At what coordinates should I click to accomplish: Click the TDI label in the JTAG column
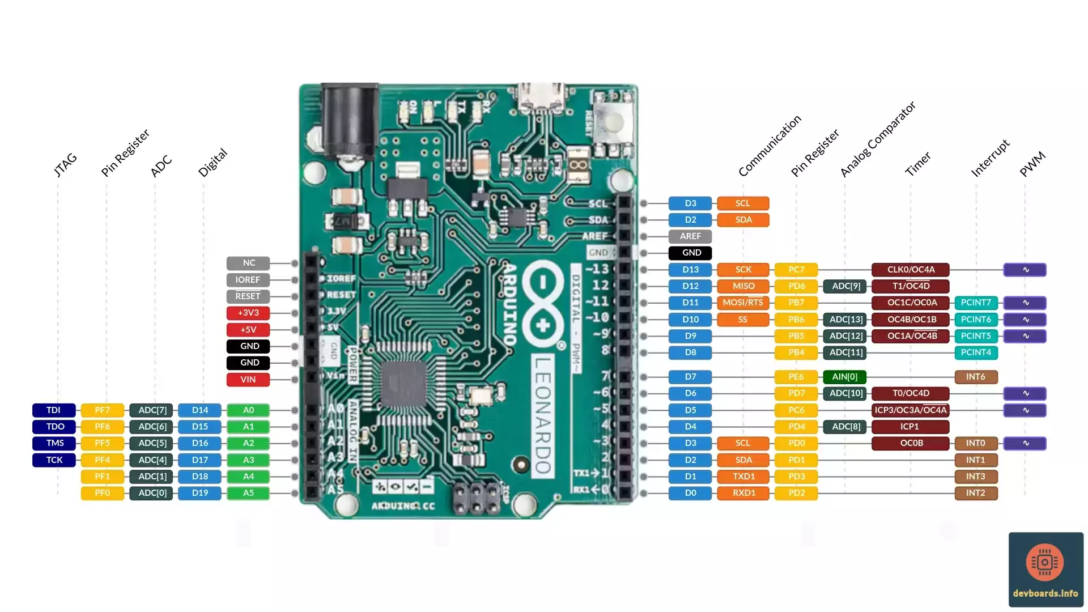pos(54,410)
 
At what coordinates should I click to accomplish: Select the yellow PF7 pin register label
pos(103,410)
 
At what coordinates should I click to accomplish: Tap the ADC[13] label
pos(845,320)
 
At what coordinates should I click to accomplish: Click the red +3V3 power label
pos(248,313)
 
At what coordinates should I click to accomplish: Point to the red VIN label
pos(248,380)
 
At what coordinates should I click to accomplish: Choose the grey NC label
pos(248,263)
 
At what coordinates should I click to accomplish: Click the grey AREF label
pos(690,236)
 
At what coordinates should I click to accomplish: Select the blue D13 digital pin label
pos(690,270)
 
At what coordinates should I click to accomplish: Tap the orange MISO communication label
pos(743,286)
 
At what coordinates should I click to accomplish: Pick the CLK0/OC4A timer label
pos(911,270)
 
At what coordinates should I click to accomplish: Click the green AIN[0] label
pos(844,377)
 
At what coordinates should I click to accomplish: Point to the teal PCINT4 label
pos(976,352)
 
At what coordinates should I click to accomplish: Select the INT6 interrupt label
pos(976,377)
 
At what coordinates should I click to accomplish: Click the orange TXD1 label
pos(743,477)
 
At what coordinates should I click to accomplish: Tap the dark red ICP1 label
pos(910,427)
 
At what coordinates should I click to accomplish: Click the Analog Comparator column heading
pos(877,139)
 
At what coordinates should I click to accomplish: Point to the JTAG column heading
pos(65,164)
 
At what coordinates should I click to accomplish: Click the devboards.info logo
pos(1045,569)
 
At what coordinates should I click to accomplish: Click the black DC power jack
pos(349,122)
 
